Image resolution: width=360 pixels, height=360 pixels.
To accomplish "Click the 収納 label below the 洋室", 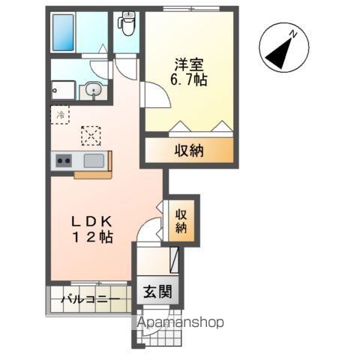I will tap(190, 151).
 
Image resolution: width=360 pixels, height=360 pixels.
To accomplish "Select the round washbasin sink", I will tap(94, 90).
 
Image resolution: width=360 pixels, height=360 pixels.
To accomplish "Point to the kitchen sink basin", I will tap(94, 160).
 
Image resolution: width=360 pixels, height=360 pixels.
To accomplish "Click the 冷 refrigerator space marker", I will tap(61, 115).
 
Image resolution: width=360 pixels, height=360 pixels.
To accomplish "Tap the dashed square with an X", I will tap(91, 135).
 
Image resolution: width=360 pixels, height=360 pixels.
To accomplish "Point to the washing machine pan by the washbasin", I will tap(63, 90).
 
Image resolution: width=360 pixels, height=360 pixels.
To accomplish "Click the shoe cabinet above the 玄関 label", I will tap(175, 261).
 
